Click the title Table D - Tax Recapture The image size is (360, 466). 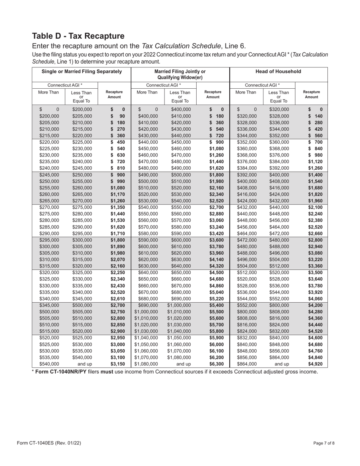[78, 36]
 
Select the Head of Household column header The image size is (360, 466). [279, 71]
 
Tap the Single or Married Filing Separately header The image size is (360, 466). [82, 71]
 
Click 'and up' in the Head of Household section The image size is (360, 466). [279, 364]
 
